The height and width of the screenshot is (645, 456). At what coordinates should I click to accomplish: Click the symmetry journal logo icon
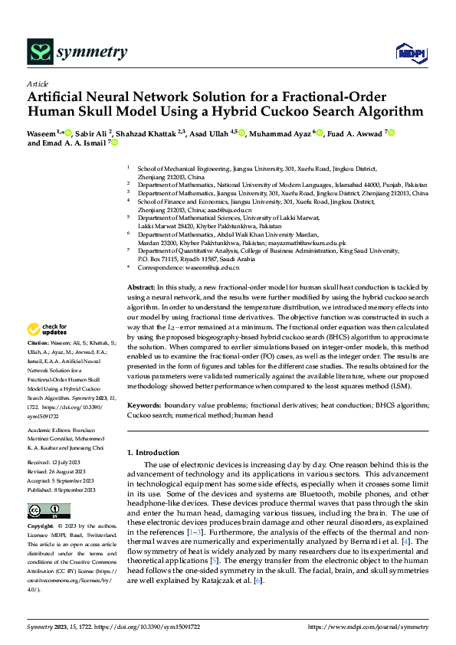click(40, 51)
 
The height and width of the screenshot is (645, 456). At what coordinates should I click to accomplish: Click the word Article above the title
click(38, 83)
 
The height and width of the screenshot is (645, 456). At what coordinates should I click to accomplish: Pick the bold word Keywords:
click(146, 404)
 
